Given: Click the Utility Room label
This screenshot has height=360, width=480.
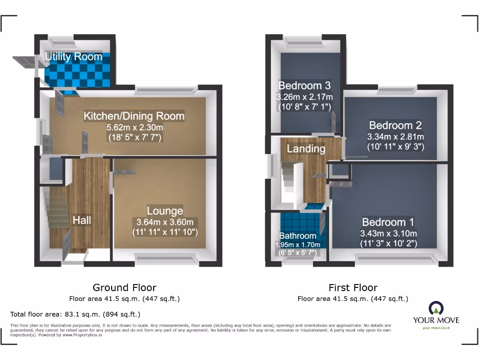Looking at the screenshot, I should [x=74, y=57].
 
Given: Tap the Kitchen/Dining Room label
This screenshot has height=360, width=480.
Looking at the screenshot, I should [x=134, y=116].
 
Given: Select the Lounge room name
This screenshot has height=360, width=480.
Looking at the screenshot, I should [x=165, y=211].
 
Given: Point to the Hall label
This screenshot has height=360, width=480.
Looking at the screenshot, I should [x=82, y=220].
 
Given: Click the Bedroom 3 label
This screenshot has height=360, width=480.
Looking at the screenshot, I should [x=304, y=85].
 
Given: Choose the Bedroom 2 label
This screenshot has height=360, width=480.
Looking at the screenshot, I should [x=395, y=125].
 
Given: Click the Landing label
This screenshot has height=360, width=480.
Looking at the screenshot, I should [x=306, y=149].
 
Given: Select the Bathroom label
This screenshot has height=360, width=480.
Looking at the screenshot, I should [x=298, y=236].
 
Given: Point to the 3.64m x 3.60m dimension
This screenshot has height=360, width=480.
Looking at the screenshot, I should [x=165, y=222].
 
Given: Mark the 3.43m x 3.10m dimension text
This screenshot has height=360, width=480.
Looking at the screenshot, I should [x=389, y=233].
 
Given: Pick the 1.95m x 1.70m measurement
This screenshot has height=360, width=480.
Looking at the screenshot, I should [x=298, y=244].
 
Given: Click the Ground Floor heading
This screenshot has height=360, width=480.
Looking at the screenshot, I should [x=124, y=287].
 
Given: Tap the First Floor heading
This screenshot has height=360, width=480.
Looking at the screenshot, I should [x=353, y=287].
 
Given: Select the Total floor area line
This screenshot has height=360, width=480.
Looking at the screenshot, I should [x=75, y=314].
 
